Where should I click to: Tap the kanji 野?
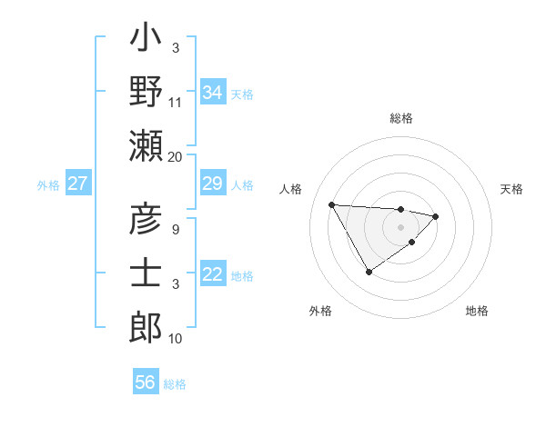[146, 93]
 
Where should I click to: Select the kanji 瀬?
[146, 145]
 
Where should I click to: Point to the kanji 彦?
[146, 221]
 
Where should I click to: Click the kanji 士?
[146, 273]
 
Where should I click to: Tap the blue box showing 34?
[212, 93]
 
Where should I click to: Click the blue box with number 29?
[212, 184]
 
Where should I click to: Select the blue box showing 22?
[212, 275]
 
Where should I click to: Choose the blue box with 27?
[77, 184]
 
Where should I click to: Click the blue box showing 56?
[146, 382]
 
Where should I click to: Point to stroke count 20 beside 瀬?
[176, 156]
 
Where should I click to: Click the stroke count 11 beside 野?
[176, 103]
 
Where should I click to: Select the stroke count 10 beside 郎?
[176, 339]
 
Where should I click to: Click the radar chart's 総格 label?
[401, 118]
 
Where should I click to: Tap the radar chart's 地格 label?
[477, 311]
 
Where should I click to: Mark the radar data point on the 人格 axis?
[331, 204]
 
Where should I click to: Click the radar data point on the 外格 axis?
[369, 271]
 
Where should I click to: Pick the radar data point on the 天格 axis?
[436, 216]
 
